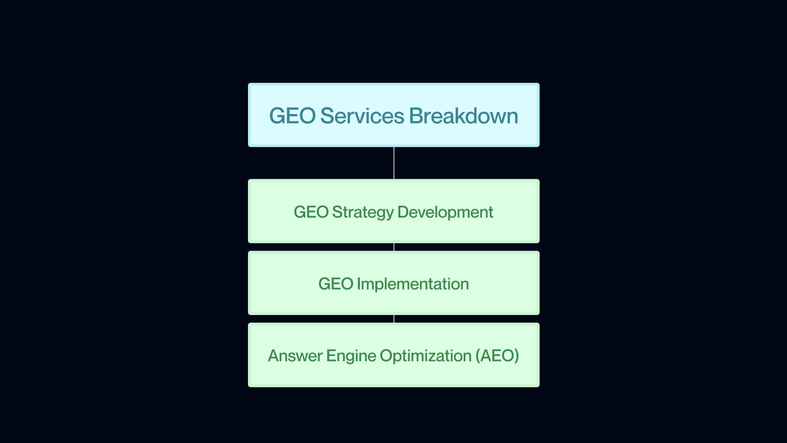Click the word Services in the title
(x=362, y=116)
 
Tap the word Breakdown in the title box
(x=463, y=116)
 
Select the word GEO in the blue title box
(x=292, y=116)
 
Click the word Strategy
(x=363, y=212)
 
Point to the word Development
(x=445, y=212)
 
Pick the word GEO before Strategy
(x=311, y=212)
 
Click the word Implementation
(x=413, y=284)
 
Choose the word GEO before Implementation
(x=336, y=284)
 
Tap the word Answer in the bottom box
(x=295, y=356)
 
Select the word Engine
(x=351, y=356)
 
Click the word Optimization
(x=425, y=356)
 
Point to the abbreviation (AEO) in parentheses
(x=497, y=356)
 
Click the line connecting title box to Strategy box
(x=394, y=163)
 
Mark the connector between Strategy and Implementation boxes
(x=394, y=247)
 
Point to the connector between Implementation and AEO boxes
(x=394, y=319)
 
